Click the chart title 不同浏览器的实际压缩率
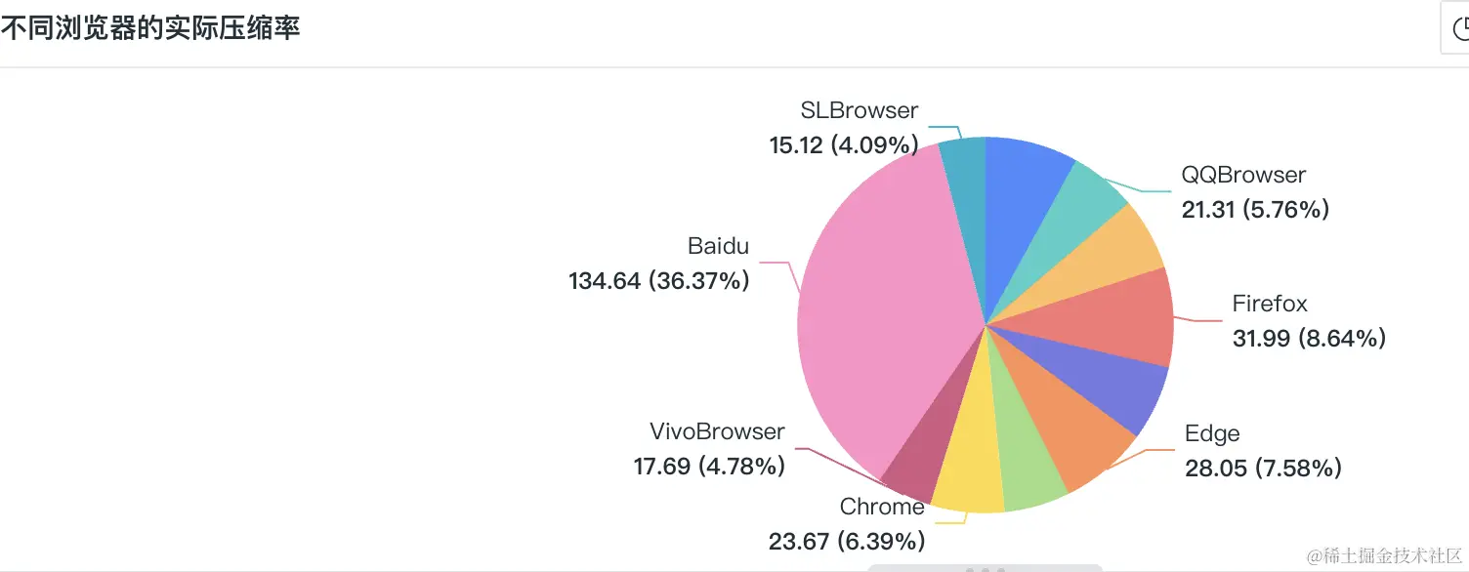(x=150, y=28)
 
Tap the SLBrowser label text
(x=859, y=110)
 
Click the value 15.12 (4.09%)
(x=844, y=145)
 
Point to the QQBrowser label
(x=1243, y=175)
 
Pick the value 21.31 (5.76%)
(x=1255, y=209)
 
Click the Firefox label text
(x=1270, y=304)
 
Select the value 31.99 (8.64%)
(x=1309, y=338)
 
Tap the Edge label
(x=1212, y=433)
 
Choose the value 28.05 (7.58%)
(x=1263, y=469)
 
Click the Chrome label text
(x=882, y=507)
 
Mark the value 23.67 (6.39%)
(x=846, y=541)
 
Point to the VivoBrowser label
(x=717, y=431)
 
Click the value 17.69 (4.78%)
(x=709, y=467)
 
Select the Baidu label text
(x=718, y=246)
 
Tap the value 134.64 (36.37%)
(x=659, y=281)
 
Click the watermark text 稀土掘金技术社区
(x=1387, y=555)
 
